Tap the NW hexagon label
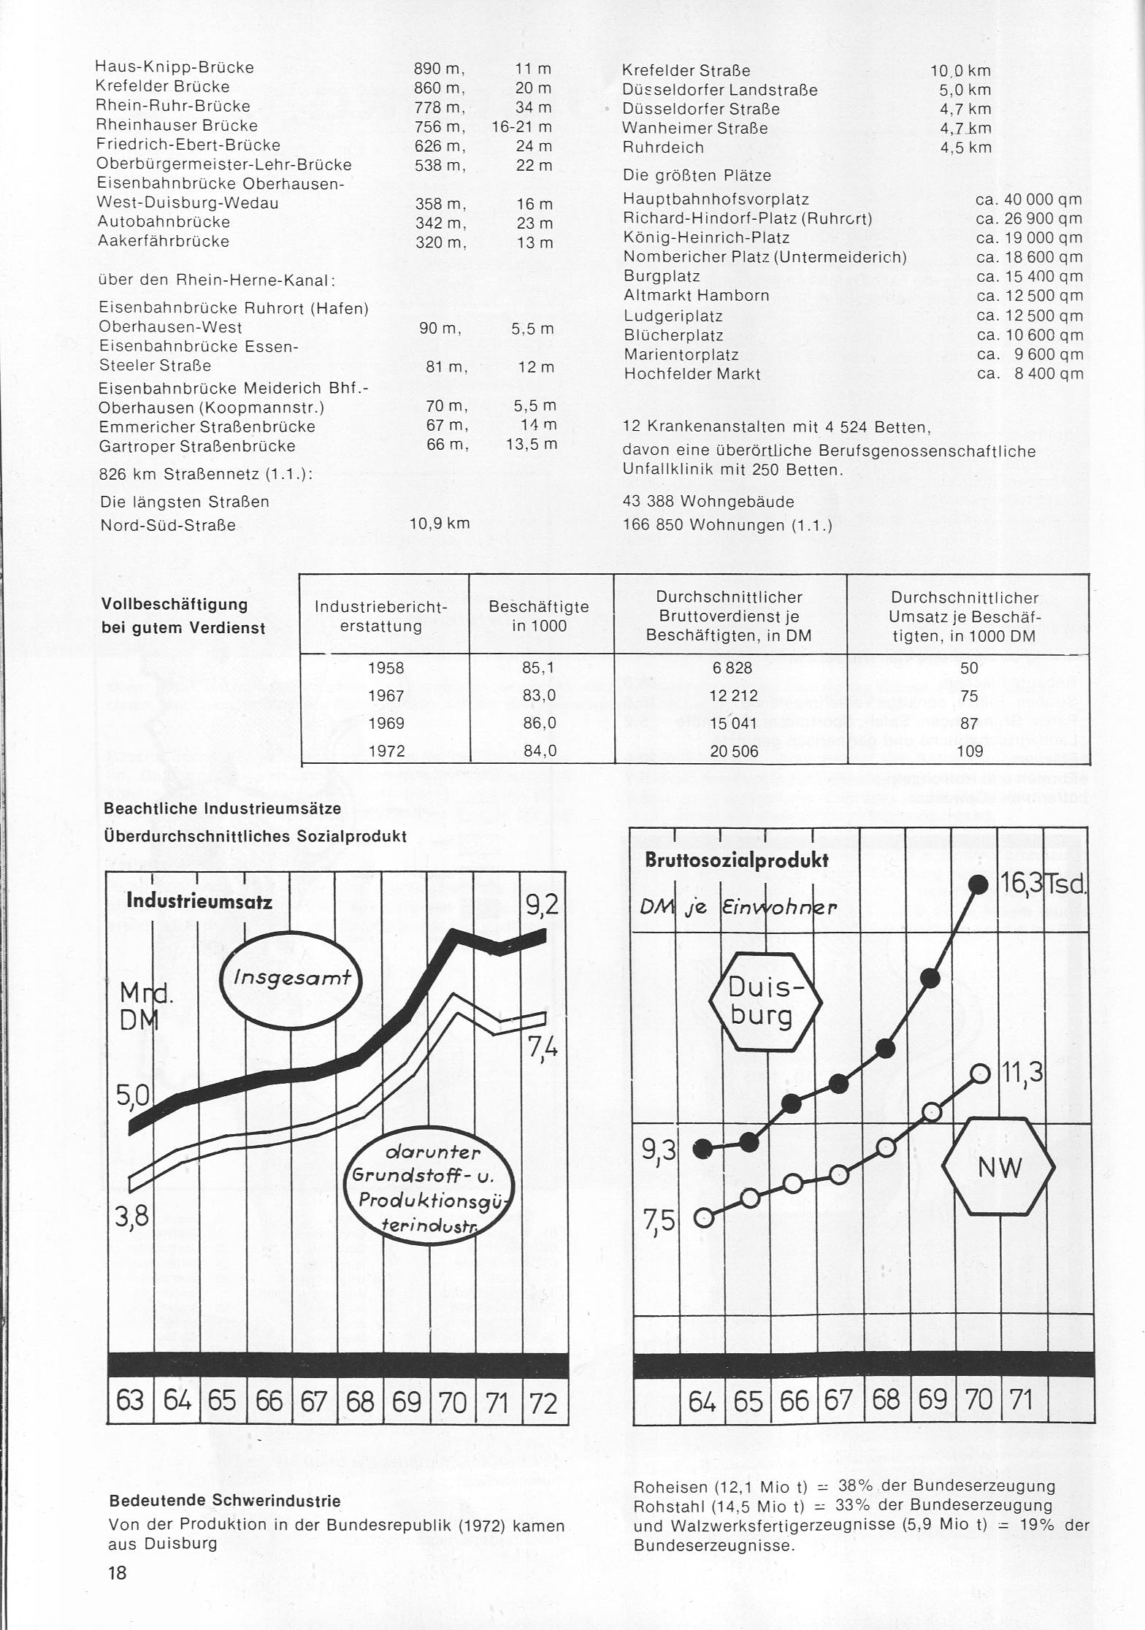pyautogui.click(x=999, y=1168)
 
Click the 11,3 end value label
pyautogui.click(x=1023, y=1073)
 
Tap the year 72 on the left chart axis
pyautogui.click(x=543, y=1403)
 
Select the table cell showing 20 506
pyautogui.click(x=734, y=751)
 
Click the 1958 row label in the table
pyautogui.click(x=386, y=667)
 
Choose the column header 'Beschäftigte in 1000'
pyautogui.click(x=539, y=616)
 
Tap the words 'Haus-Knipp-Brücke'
pyautogui.click(x=175, y=67)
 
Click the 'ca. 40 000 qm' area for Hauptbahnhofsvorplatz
pyautogui.click(x=1028, y=199)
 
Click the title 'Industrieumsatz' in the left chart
pyautogui.click(x=199, y=900)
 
